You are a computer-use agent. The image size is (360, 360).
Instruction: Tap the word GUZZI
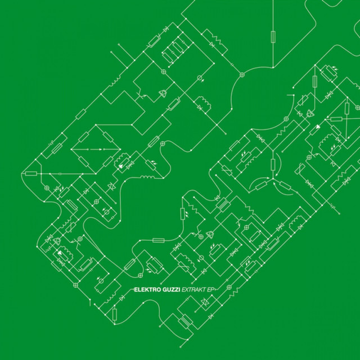pyautogui.click(x=171, y=290)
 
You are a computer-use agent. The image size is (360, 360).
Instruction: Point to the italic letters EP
pyautogui.click(x=210, y=290)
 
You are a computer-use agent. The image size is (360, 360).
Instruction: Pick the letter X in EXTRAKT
pyautogui.click(x=186, y=290)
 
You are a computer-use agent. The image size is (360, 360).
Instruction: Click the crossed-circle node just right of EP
pyautogui.click(x=229, y=287)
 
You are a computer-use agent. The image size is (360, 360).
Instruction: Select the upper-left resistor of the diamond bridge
pyautogui.click(x=84, y=137)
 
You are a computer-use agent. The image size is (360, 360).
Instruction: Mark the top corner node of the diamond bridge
pyautogui.click(x=96, y=125)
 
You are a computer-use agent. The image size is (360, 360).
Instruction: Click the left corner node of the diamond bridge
pyautogui.click(x=71, y=149)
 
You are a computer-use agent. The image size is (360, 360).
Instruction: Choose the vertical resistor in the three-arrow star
pyautogui.click(x=273, y=164)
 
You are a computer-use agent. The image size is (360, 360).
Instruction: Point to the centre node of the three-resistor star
pyautogui.click(x=273, y=178)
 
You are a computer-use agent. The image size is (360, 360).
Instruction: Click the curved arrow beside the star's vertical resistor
pyautogui.click(x=279, y=164)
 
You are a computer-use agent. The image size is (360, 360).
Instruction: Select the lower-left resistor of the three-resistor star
pyautogui.click(x=261, y=186)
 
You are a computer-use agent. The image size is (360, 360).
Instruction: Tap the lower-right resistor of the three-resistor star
pyautogui.click(x=285, y=186)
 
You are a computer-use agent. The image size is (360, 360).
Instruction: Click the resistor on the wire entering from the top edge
pyautogui.click(x=273, y=37)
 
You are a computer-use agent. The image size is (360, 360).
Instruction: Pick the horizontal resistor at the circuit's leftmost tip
pyautogui.click(x=31, y=174)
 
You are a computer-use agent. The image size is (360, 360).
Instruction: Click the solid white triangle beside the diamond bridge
pyautogui.click(x=121, y=165)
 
